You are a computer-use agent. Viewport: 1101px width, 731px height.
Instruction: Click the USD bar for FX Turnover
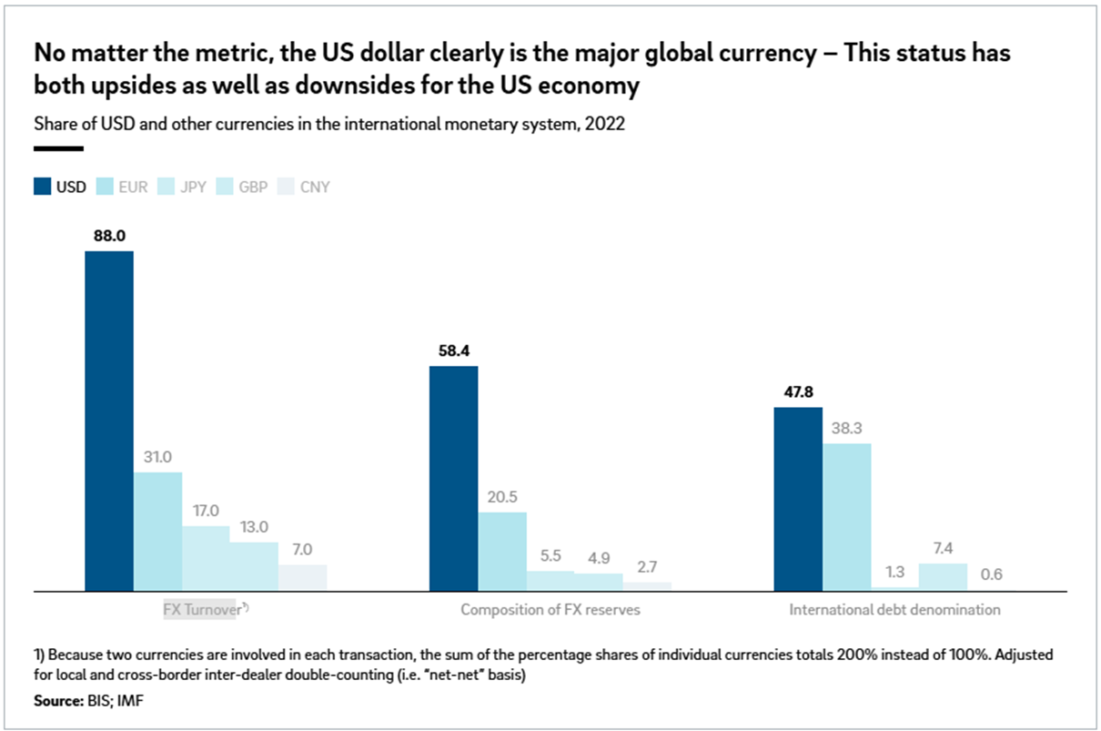[109, 421]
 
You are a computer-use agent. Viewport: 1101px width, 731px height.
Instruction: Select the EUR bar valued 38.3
[846, 517]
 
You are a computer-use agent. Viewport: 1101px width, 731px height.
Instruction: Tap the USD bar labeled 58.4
[453, 478]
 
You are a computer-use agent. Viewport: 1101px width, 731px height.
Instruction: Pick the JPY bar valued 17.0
[206, 558]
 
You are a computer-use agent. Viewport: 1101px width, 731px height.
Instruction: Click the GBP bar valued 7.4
[943, 577]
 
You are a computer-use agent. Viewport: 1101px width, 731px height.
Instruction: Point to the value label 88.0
[109, 235]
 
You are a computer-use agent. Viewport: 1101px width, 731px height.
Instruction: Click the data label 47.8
[798, 391]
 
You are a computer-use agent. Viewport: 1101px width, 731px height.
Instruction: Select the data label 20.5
[501, 496]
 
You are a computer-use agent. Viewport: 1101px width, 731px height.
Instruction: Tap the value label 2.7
[647, 566]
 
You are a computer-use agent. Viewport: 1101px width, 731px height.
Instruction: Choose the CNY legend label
[314, 188]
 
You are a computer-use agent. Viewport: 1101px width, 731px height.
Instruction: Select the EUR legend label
[133, 188]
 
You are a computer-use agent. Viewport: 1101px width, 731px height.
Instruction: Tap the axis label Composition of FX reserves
[550, 610]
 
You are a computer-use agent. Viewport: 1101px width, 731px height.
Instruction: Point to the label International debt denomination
[894, 610]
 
